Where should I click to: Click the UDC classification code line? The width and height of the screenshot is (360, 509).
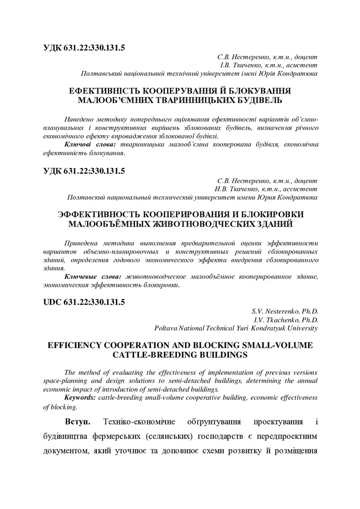point(84,302)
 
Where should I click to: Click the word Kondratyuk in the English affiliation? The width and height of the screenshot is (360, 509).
point(270,328)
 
